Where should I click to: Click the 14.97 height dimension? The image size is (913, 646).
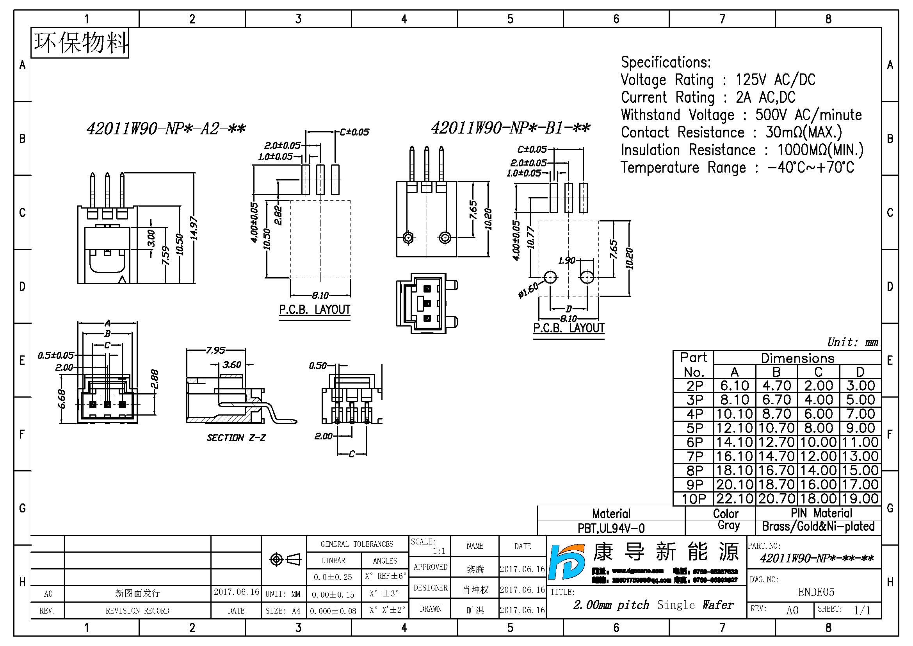pos(194,228)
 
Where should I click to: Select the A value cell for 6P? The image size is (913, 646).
pos(735,443)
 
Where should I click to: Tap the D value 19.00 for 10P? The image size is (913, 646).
pos(860,499)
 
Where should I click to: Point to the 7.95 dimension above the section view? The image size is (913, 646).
pos(215,350)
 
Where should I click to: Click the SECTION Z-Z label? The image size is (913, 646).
pos(236,438)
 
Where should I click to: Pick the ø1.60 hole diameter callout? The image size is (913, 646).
pos(528,289)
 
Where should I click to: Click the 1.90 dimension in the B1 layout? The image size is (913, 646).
pos(567,261)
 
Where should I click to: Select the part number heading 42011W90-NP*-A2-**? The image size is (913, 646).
pos(166,129)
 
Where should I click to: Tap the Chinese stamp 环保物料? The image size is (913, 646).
pos(80,43)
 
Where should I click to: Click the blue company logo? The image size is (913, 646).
pos(566,562)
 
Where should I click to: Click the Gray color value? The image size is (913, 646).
pos(728,526)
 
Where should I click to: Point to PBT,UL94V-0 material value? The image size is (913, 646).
pos(611,528)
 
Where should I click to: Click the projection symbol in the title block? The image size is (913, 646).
pos(285,560)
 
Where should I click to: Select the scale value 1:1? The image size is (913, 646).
pos(439,551)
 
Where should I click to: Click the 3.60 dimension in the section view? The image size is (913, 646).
pos(232,365)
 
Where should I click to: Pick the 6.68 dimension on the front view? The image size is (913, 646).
pos(62,399)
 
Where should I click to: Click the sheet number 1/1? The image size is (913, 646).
pos(862,610)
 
